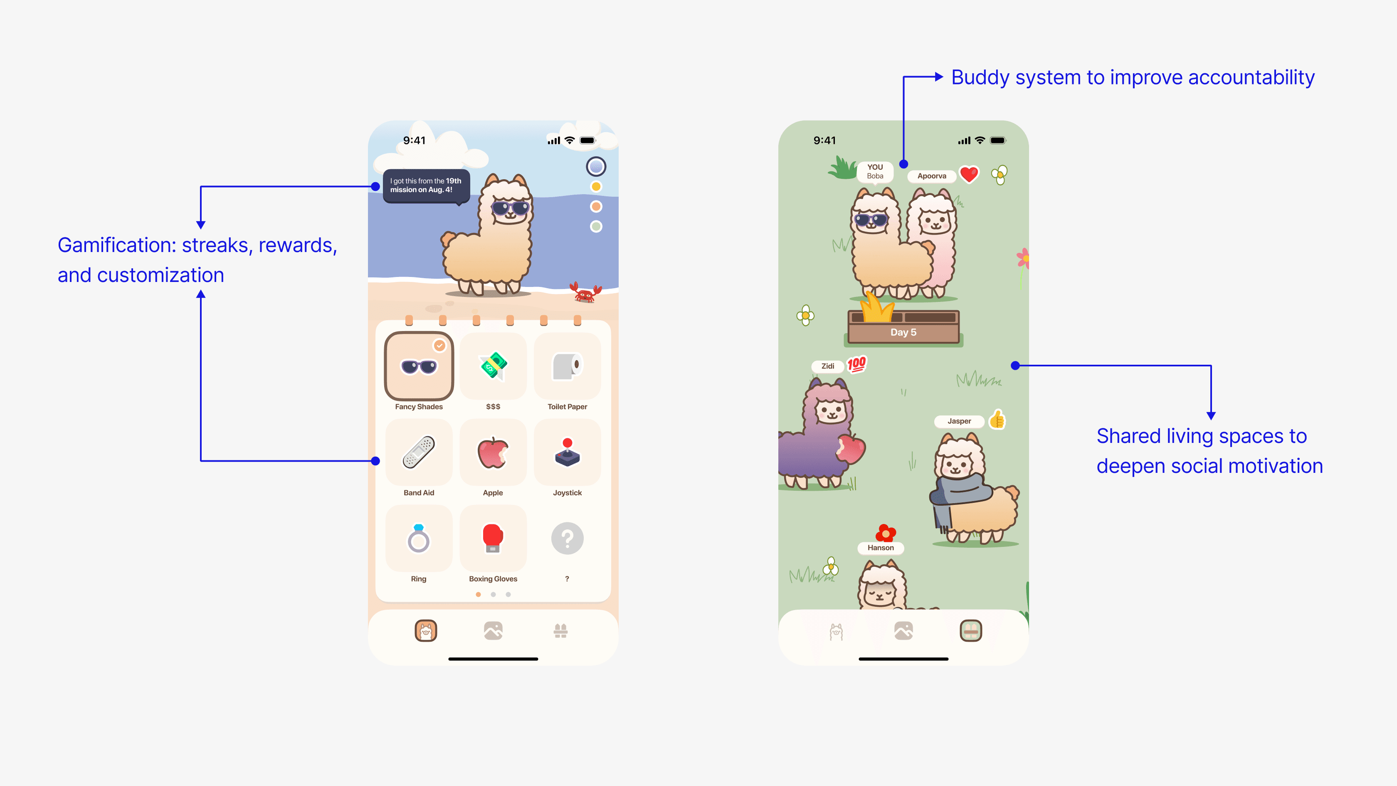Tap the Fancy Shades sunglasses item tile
tap(419, 366)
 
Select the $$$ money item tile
tap(493, 366)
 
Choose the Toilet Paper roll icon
tap(567, 366)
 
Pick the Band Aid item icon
tap(419, 452)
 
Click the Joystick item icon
tap(567, 452)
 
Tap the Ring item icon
tap(419, 538)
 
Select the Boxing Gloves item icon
tap(493, 538)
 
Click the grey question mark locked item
tap(567, 538)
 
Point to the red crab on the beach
tap(585, 293)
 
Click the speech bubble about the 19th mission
tap(426, 185)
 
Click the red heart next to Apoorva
tap(969, 174)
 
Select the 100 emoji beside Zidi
tap(857, 364)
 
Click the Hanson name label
tap(880, 548)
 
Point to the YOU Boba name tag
tap(875, 171)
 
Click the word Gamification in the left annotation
tap(116, 245)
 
